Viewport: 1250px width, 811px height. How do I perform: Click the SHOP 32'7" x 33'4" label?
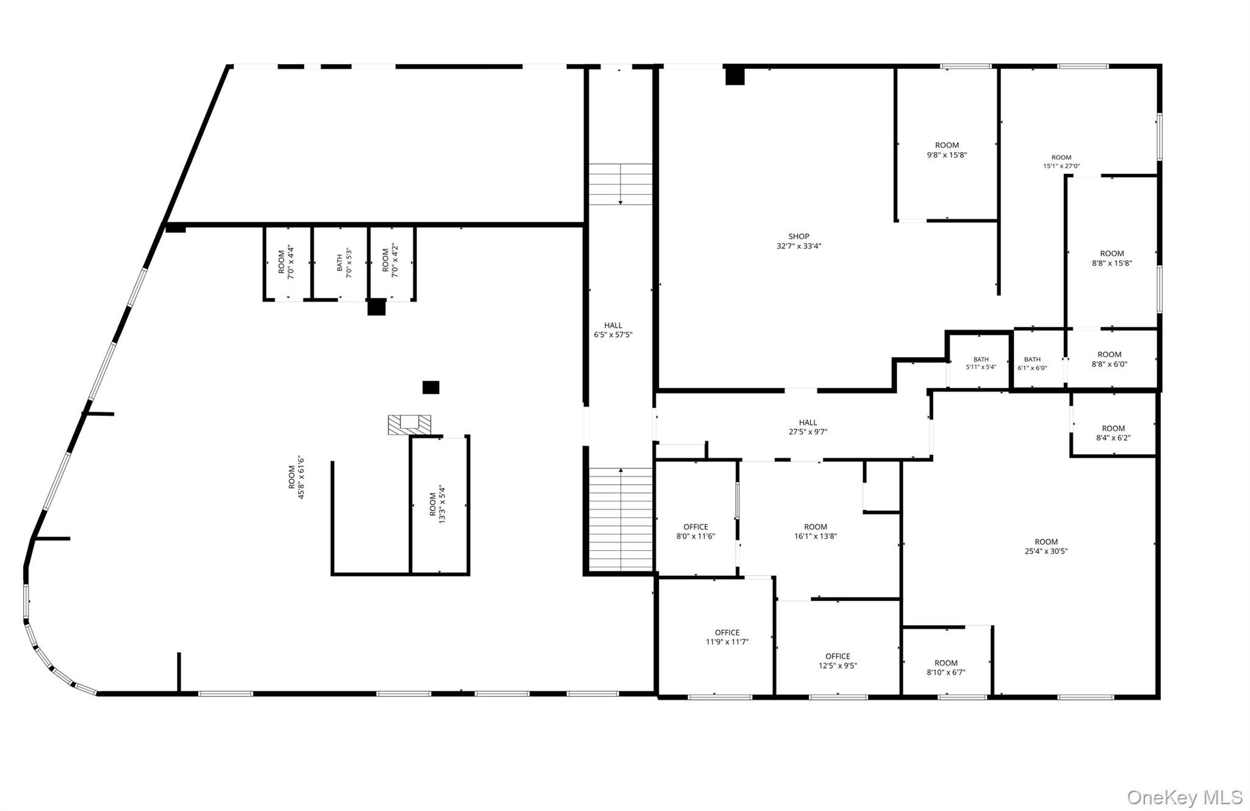tap(798, 241)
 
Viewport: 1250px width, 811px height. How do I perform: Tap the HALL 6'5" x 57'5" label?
tap(613, 330)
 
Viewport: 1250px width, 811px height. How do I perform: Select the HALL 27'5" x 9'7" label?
tap(807, 427)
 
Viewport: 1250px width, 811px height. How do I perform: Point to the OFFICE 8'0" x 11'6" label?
tap(695, 531)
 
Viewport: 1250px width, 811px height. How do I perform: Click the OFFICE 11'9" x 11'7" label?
tap(727, 637)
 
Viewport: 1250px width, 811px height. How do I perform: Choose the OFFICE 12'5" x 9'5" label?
tap(837, 661)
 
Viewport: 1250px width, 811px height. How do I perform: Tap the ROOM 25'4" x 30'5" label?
tap(1046, 546)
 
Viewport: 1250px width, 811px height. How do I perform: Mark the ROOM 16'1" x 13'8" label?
tap(815, 531)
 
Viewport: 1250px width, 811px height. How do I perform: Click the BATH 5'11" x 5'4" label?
tap(981, 363)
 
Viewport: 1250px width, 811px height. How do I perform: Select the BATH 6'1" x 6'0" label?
tap(1032, 363)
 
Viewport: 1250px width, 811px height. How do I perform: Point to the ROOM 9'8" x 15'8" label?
tap(947, 150)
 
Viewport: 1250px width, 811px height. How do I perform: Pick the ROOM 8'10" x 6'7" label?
tap(945, 667)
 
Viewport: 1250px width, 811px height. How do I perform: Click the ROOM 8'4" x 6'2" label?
tap(1113, 433)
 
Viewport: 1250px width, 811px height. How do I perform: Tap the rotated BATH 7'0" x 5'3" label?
tap(344, 263)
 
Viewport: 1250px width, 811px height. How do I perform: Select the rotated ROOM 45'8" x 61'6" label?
tap(296, 477)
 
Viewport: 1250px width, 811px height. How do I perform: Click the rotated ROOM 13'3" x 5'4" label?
tap(437, 504)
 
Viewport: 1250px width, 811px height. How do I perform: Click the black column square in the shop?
tap(735, 76)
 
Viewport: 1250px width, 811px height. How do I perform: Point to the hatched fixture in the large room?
tap(409, 425)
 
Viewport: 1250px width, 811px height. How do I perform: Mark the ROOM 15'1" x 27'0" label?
tap(1061, 161)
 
